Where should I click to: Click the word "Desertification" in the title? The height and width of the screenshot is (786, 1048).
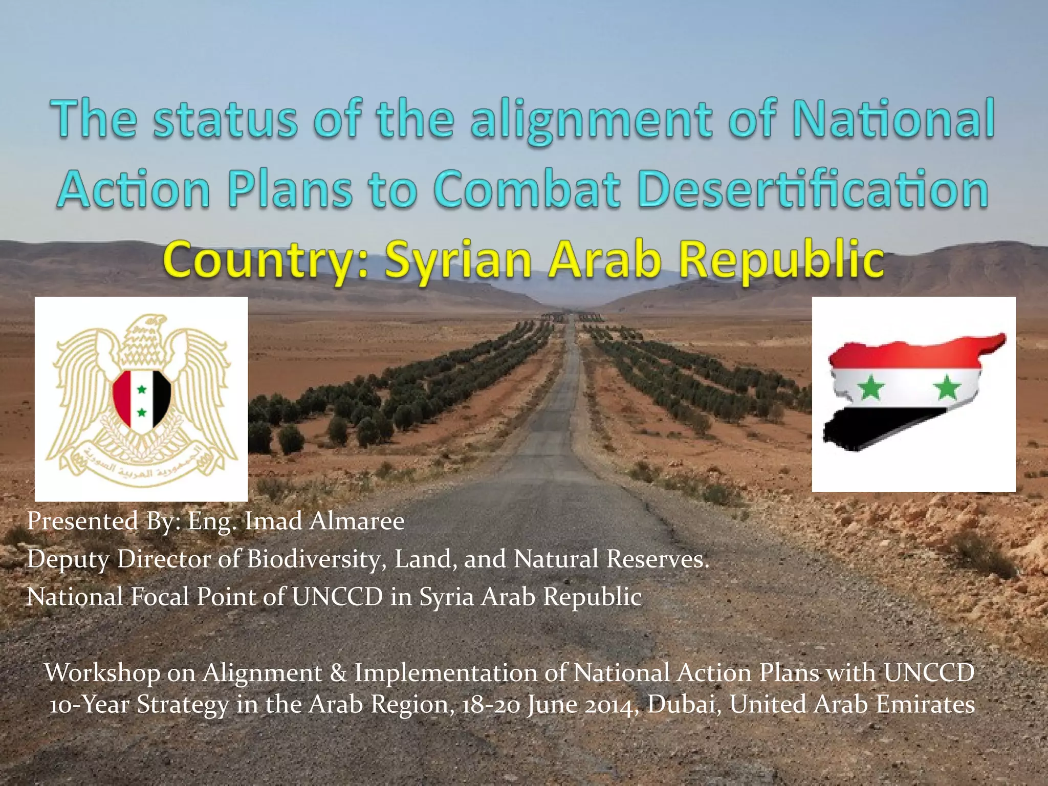click(814, 190)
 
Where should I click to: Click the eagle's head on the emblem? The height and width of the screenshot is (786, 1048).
click(148, 327)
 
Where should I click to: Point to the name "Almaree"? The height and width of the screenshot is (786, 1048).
click(357, 521)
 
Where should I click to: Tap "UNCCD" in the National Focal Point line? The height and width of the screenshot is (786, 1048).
click(337, 597)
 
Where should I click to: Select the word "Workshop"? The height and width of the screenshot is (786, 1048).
click(102, 672)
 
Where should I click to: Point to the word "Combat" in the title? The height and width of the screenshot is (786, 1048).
click(527, 190)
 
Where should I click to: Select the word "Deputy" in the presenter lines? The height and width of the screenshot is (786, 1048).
click(68, 559)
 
